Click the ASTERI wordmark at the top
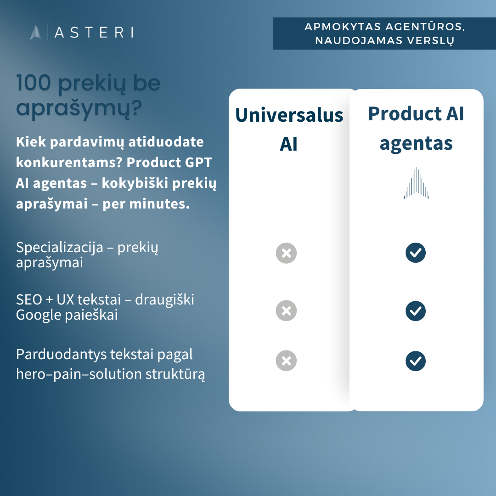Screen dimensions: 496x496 [x=94, y=32]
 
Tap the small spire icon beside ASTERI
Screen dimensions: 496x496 [x=36, y=32]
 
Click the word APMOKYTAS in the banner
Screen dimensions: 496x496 [x=343, y=27]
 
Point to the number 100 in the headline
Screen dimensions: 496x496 [x=34, y=83]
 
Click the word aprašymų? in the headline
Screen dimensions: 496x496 [x=79, y=108]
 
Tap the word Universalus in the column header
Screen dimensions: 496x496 [x=289, y=115]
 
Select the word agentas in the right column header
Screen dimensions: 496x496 [x=416, y=144]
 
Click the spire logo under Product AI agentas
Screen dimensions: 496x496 [x=416, y=183]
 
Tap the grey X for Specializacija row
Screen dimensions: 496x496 [x=286, y=253]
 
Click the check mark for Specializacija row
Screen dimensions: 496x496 [x=416, y=253]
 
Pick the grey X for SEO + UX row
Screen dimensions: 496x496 [x=286, y=310]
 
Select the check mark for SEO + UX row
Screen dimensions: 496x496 [x=416, y=311]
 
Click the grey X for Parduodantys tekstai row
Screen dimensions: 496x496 [x=286, y=361]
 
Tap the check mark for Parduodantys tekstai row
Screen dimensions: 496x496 [x=416, y=361]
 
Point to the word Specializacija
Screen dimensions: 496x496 [x=60, y=248]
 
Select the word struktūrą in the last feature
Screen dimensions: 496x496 [x=175, y=374]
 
